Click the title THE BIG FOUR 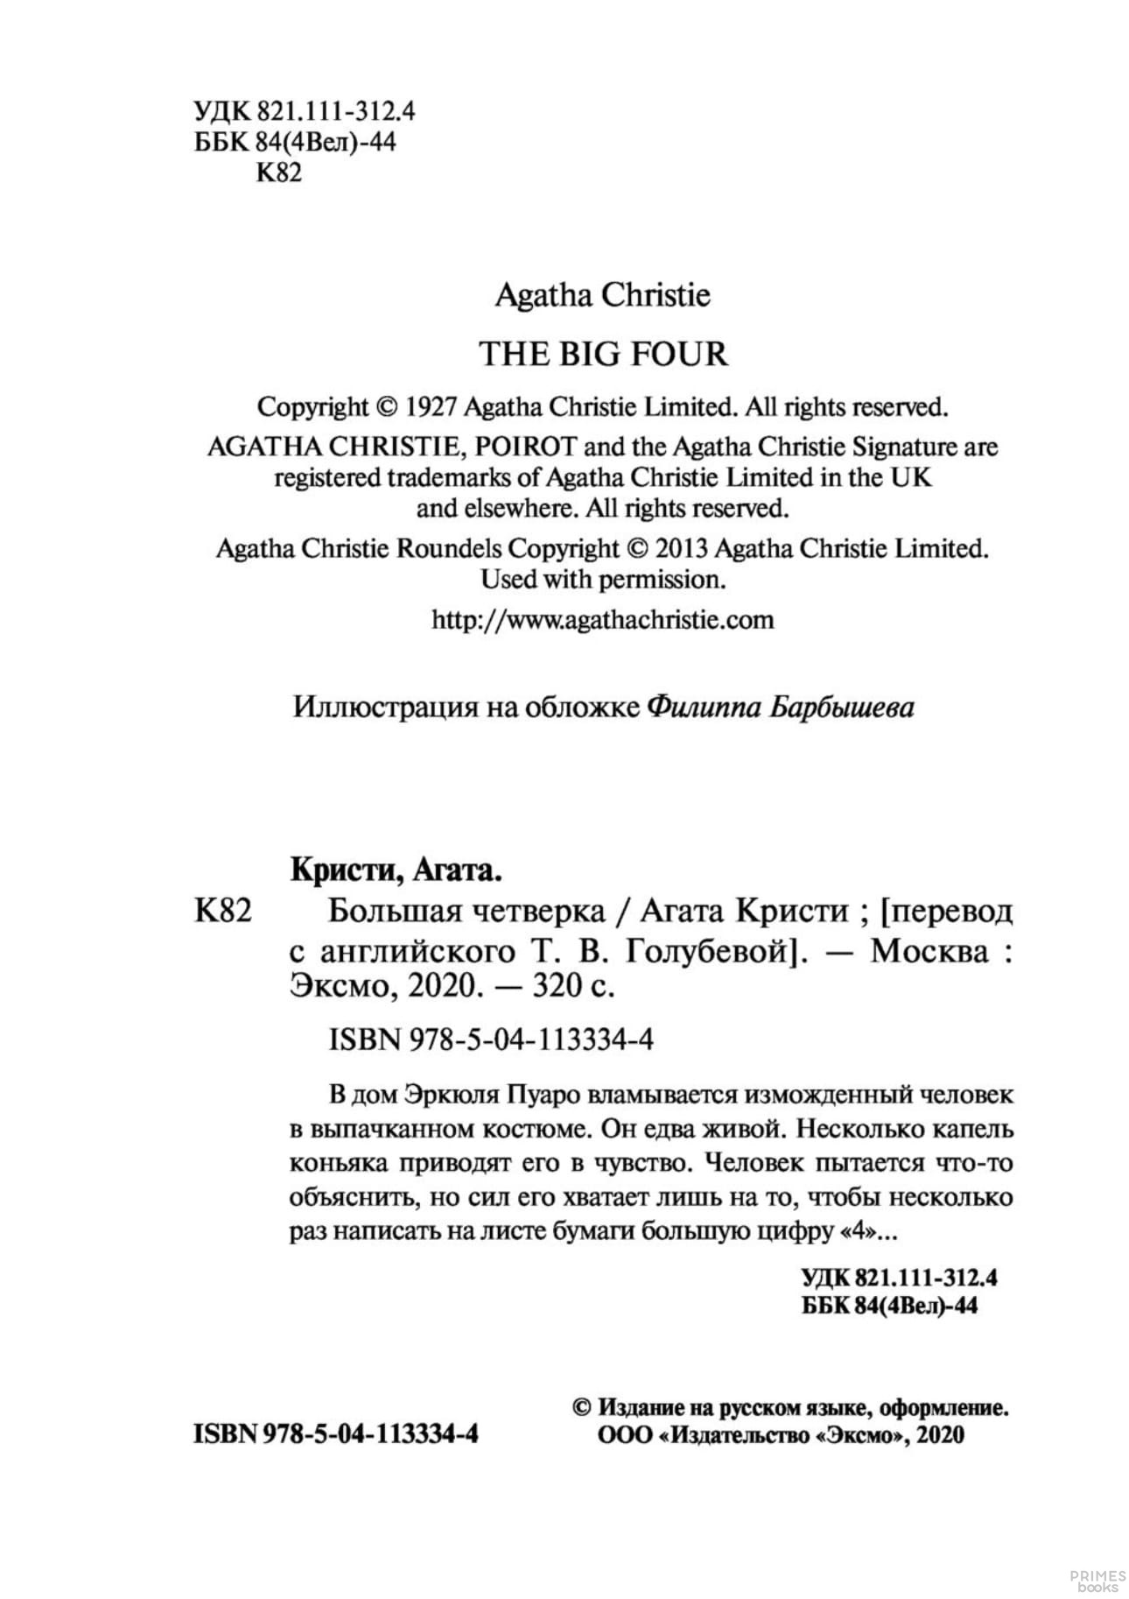click(x=603, y=354)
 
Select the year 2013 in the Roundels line click(x=680, y=548)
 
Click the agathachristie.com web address click(x=603, y=620)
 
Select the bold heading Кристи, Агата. click(x=396, y=872)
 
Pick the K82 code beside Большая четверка click(x=221, y=912)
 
